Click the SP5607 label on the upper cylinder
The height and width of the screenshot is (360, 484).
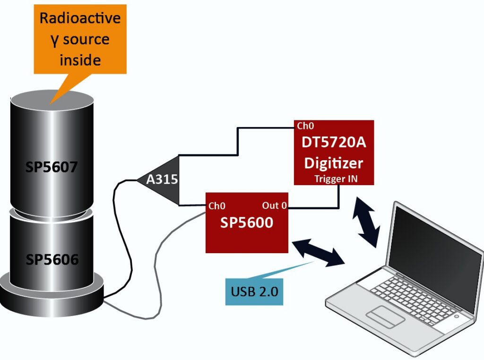(52, 167)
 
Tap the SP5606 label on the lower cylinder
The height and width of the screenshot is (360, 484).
(52, 259)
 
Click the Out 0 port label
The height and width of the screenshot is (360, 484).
(275, 206)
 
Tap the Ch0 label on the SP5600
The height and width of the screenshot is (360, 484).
(217, 206)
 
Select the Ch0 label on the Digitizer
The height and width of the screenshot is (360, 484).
(305, 126)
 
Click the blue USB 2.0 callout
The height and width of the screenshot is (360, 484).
(254, 291)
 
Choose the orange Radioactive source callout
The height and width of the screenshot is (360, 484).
(80, 39)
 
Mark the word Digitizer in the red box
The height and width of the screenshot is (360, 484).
(334, 163)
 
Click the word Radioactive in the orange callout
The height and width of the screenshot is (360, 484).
(80, 18)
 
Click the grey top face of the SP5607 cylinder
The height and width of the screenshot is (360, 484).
(52, 100)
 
